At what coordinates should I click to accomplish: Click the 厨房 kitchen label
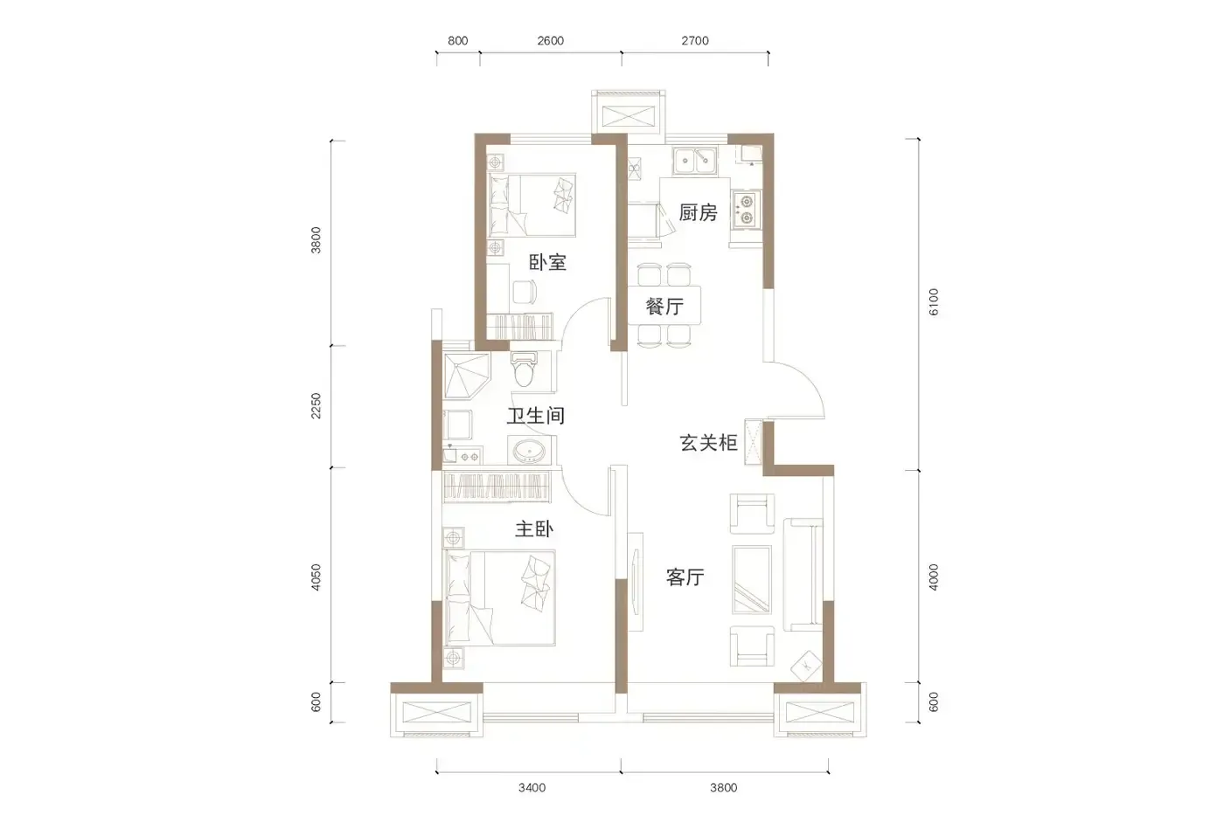click(x=698, y=212)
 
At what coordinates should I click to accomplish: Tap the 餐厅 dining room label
click(x=664, y=307)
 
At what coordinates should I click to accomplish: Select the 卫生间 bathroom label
click(x=535, y=416)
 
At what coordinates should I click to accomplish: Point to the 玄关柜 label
click(x=709, y=442)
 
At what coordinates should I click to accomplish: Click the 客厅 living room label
click(x=685, y=577)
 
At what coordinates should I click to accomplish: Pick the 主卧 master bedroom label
click(x=534, y=529)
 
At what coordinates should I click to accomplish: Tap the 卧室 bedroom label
click(x=547, y=263)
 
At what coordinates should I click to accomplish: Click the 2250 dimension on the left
click(x=316, y=406)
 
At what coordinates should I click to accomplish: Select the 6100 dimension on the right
click(x=934, y=302)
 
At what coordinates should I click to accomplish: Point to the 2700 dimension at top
click(x=695, y=40)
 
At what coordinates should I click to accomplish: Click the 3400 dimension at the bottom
click(x=532, y=788)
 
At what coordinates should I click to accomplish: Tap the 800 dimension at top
click(x=458, y=40)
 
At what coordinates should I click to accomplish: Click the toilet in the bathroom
click(x=524, y=369)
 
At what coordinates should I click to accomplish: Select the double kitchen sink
click(x=695, y=160)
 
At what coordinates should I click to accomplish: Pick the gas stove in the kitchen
click(x=747, y=211)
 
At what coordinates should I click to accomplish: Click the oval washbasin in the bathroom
click(x=529, y=452)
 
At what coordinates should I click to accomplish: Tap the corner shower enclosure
click(x=467, y=376)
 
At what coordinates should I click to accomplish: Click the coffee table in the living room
click(x=752, y=580)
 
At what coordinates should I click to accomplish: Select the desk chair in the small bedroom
click(x=524, y=292)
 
